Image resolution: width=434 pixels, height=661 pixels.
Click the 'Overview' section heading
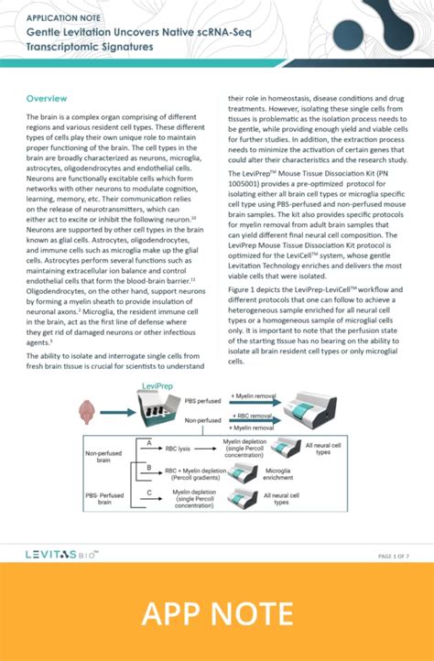click(x=47, y=98)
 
